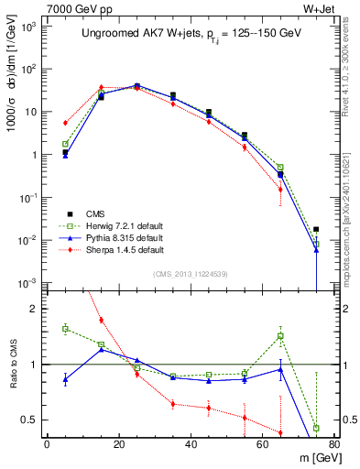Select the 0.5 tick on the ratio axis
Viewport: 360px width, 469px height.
point(31,420)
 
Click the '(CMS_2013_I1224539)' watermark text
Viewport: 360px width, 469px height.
point(191,272)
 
